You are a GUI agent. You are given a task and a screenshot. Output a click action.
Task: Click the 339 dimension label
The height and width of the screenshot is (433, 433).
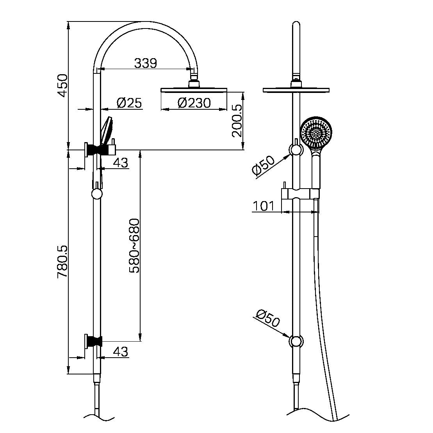145,63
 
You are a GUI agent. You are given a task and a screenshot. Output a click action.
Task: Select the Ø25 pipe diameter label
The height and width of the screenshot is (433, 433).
129,103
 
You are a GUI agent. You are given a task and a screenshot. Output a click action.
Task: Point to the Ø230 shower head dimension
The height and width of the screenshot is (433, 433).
194,103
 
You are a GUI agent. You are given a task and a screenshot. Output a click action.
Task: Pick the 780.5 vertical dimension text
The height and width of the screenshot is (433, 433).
63,262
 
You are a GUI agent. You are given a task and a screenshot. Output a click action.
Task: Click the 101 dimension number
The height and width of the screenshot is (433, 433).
264,206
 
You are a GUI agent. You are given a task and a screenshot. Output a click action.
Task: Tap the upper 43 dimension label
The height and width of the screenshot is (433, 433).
121,163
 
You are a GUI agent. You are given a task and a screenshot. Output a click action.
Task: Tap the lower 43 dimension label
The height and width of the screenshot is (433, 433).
121,352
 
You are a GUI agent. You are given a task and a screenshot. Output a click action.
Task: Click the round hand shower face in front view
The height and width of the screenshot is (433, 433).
317,132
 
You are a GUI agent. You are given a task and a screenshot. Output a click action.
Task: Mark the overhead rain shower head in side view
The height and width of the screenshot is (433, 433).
194,90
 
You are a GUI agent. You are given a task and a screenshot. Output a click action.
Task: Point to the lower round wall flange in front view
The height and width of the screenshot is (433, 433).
296,341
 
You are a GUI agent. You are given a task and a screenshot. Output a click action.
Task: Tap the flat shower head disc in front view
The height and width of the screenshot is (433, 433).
296,90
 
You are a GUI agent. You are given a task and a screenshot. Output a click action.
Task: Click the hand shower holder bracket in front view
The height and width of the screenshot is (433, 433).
301,194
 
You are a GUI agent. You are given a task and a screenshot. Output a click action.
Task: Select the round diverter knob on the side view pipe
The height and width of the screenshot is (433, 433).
96,194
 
